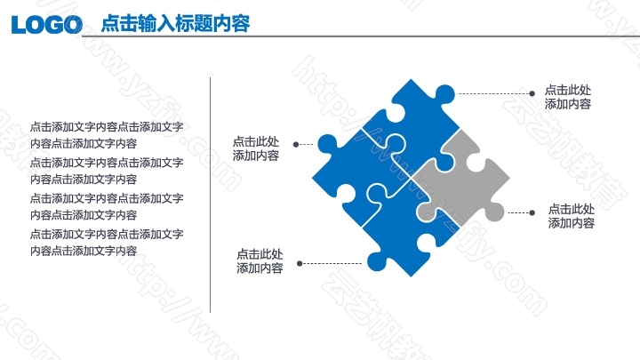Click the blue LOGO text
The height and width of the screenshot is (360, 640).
[x=46, y=25]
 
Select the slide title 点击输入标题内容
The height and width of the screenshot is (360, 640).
[x=175, y=23]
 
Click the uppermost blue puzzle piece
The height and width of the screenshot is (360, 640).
[x=416, y=123]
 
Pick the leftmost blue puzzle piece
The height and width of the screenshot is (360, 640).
[x=359, y=172]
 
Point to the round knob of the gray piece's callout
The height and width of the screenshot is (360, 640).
[x=495, y=212]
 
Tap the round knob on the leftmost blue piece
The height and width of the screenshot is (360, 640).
[x=327, y=144]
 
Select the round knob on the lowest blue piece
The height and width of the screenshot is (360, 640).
[x=377, y=261]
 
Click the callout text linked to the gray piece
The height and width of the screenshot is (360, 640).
[x=571, y=216]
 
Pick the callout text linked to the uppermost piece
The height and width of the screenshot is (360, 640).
[x=568, y=97]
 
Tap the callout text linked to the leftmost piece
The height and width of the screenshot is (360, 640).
[x=256, y=148]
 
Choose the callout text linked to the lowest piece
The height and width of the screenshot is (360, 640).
[x=260, y=261]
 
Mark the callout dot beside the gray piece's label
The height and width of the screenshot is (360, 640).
[x=532, y=212]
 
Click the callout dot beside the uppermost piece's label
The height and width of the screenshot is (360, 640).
[x=532, y=93]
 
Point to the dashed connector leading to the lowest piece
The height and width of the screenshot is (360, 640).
[x=331, y=264]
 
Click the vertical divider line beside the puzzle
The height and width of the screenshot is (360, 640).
[x=210, y=195]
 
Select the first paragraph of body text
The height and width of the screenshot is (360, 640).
[x=107, y=135]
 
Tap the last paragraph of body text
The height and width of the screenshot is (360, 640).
[x=107, y=243]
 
